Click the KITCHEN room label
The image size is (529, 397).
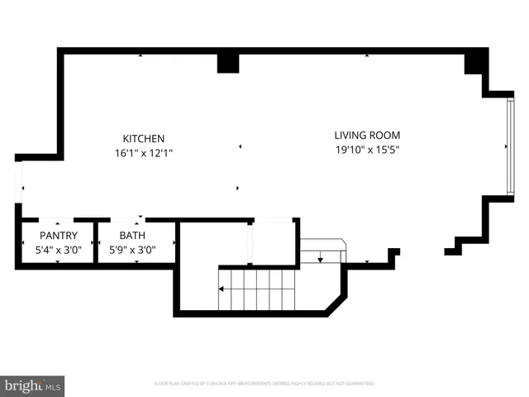(x=144, y=139)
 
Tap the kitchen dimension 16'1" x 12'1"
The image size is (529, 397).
(x=144, y=153)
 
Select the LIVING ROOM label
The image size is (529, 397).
(x=367, y=135)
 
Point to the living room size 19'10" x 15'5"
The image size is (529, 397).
(x=367, y=150)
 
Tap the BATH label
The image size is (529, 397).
(x=132, y=236)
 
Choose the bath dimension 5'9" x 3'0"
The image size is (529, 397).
(x=132, y=250)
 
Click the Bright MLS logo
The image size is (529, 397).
(x=33, y=385)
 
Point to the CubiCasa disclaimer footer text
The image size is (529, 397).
(x=264, y=384)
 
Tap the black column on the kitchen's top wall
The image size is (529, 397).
(x=228, y=63)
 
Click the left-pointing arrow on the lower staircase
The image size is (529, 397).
(x=223, y=289)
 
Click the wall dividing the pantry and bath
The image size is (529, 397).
(x=96, y=242)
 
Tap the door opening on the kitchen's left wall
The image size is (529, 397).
(x=20, y=179)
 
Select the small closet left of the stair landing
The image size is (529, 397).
(x=273, y=242)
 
